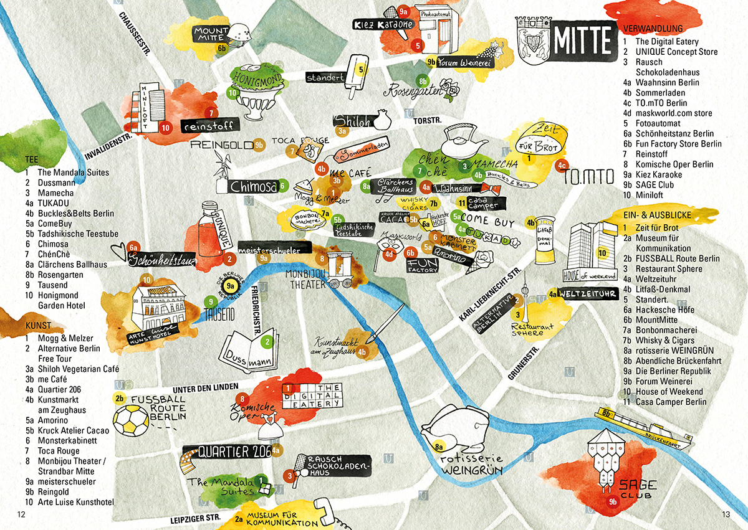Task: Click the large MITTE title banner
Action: pos(582,40)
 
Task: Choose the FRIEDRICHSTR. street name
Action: pos(255,311)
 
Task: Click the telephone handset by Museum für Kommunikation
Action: pos(326,512)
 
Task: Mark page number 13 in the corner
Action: pos(726,514)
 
